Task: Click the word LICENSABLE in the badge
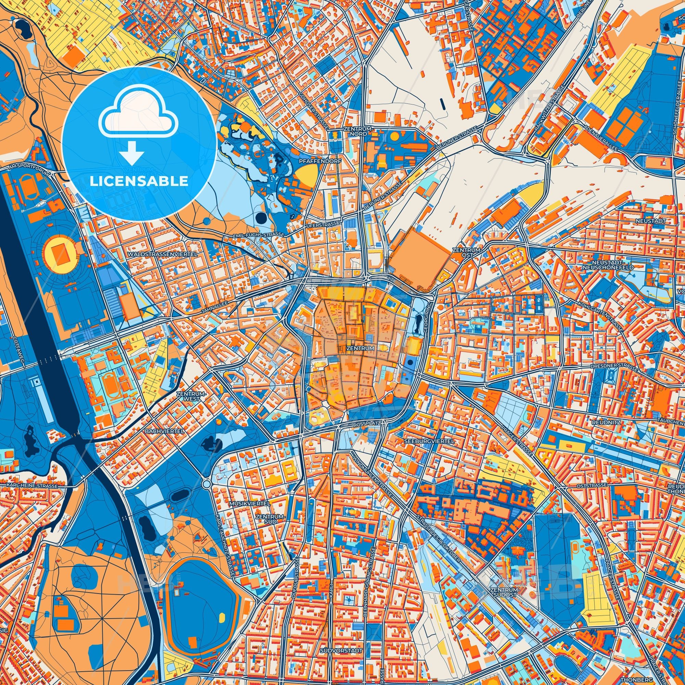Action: coord(139,181)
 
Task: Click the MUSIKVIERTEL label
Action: coord(250,503)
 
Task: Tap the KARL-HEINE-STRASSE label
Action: coord(32,485)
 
